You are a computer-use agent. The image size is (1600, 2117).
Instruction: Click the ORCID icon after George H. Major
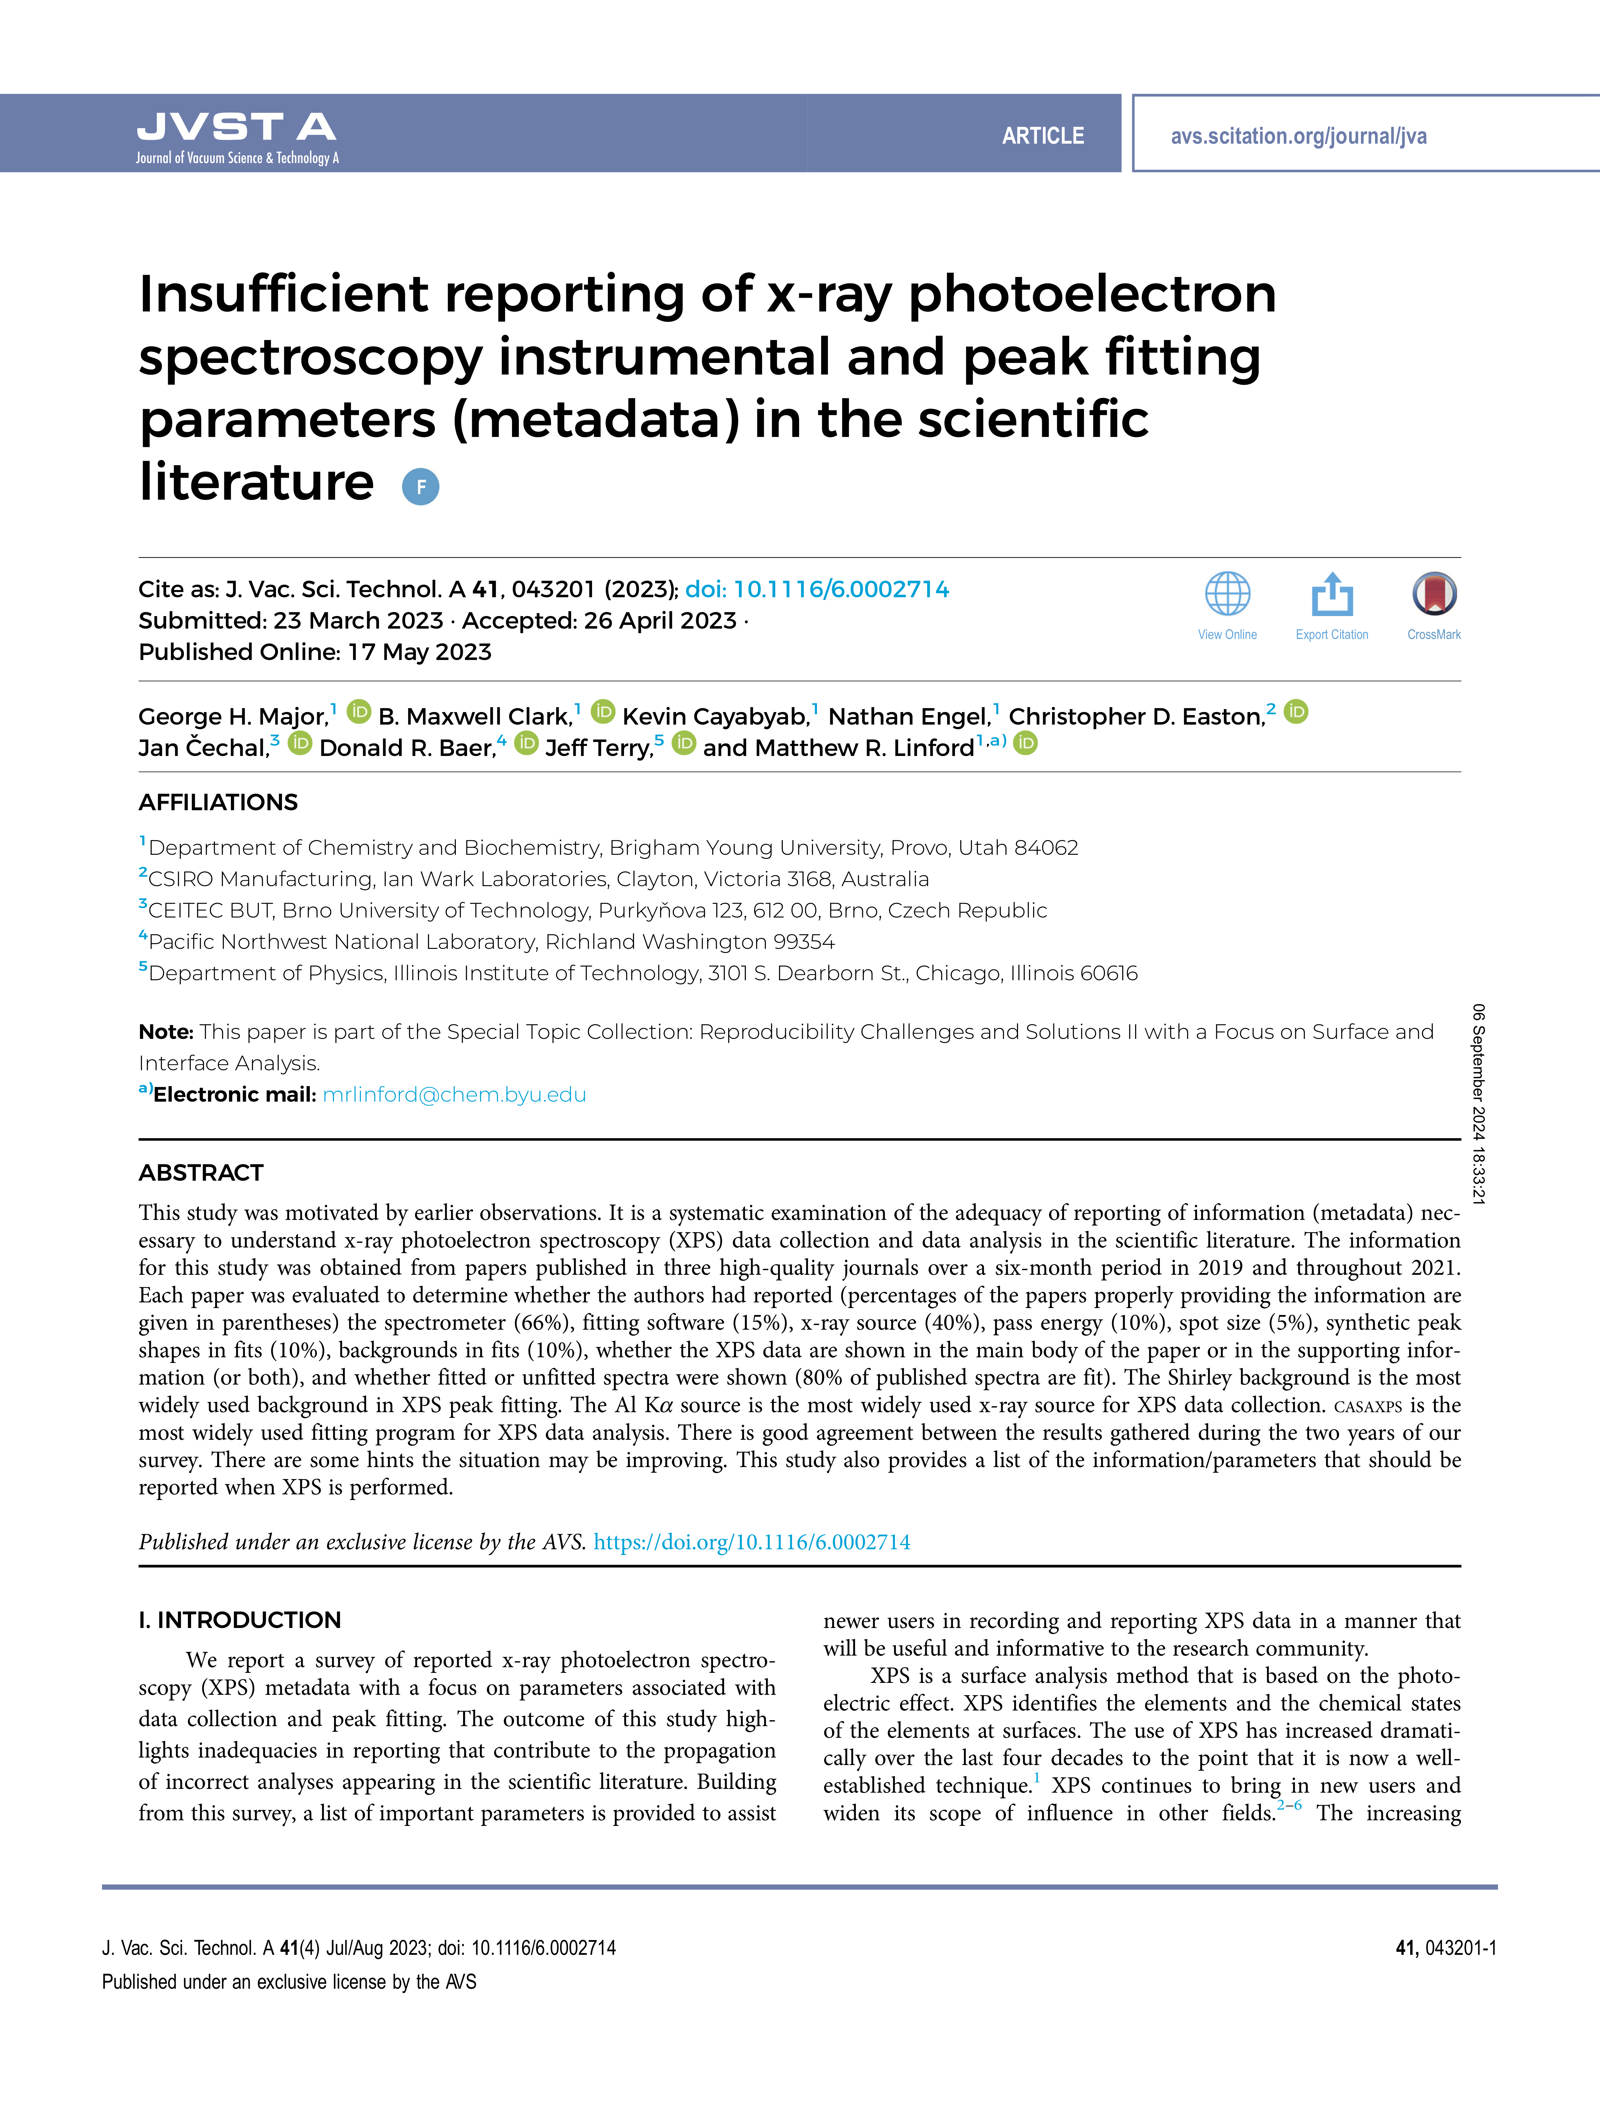click(x=359, y=712)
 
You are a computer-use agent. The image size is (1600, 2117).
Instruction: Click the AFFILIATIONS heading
click(x=218, y=802)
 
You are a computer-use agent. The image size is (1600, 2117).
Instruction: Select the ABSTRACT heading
click(x=201, y=1173)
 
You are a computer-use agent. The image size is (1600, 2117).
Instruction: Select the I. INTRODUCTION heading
click(x=239, y=1619)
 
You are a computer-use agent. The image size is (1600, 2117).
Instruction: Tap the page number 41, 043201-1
click(x=1445, y=1948)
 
